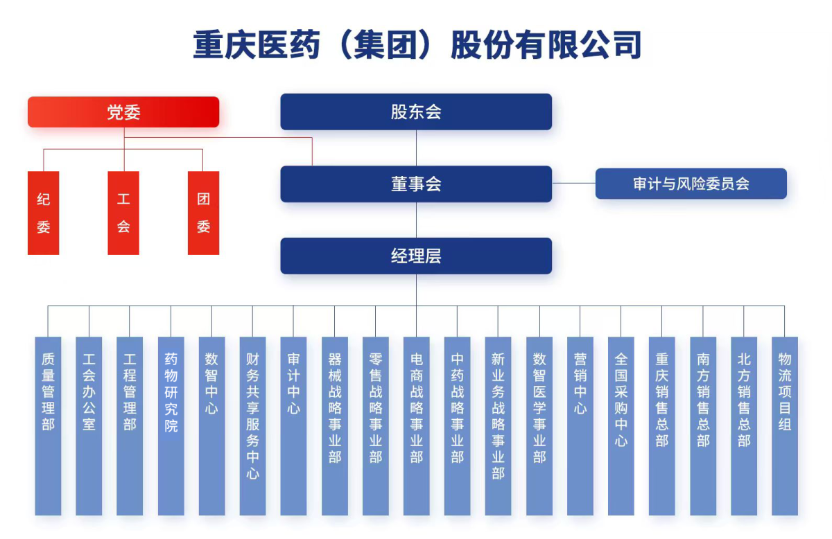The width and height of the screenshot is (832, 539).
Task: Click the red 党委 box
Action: click(x=123, y=112)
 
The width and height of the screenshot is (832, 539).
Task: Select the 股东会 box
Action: click(x=416, y=112)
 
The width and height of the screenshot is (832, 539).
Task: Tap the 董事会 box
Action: click(x=416, y=184)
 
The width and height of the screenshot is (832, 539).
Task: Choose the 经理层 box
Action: click(x=416, y=256)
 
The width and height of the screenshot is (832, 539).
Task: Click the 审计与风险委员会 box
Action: click(x=691, y=184)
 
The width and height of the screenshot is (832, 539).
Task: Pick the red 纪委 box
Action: click(x=44, y=213)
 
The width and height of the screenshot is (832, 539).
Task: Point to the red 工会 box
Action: click(x=123, y=213)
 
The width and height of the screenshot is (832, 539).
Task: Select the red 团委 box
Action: click(x=203, y=213)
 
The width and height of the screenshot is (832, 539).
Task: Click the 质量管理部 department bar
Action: click(x=48, y=425)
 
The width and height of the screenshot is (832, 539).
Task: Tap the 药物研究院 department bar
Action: click(x=171, y=425)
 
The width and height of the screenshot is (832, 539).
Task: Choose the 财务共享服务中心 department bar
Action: click(x=252, y=425)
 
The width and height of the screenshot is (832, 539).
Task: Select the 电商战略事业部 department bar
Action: click(x=416, y=425)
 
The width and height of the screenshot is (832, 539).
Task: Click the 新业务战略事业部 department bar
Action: click(x=498, y=425)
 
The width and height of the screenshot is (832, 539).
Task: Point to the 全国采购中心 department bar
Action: click(x=621, y=425)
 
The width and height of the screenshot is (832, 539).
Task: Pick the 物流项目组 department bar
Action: click(x=784, y=425)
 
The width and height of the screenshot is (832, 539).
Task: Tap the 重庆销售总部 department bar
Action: click(x=661, y=425)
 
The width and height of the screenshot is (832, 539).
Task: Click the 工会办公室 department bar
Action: click(x=89, y=425)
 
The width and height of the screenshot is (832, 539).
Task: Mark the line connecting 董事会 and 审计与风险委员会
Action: click(x=573, y=184)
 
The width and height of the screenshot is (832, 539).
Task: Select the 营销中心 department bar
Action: click(x=580, y=425)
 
